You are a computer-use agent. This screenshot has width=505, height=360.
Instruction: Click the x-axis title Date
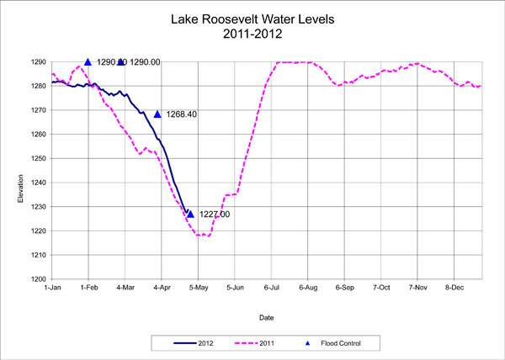266,318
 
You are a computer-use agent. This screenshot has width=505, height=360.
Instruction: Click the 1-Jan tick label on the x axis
52,288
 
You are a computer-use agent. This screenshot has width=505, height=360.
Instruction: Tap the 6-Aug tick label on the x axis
307,288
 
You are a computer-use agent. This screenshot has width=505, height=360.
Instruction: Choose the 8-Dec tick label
454,288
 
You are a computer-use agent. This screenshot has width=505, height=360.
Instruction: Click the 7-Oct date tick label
380,288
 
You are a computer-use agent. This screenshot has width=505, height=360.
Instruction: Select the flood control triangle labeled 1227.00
190,214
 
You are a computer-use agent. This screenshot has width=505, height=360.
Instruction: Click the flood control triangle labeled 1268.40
157,114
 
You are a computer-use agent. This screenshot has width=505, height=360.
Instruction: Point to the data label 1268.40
182,114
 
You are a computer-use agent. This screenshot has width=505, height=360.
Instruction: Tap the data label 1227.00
214,214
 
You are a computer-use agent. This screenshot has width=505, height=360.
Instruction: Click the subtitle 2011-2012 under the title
252,34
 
